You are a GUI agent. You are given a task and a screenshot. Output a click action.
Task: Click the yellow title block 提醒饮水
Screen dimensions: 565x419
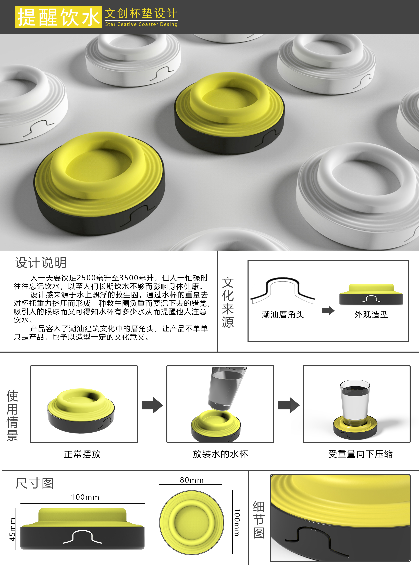(58, 17)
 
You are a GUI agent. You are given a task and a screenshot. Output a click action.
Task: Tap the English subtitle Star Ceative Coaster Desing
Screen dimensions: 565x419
(141, 24)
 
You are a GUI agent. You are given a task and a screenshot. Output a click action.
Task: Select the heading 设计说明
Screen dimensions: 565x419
(41, 263)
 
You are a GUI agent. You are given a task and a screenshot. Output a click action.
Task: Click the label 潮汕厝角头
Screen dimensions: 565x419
(283, 315)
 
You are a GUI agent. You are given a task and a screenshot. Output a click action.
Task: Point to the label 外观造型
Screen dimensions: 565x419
(371, 315)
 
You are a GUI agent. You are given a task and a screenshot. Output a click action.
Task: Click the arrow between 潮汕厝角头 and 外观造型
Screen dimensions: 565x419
(328, 311)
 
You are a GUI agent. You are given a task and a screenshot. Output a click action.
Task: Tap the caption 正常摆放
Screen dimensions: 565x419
(82, 454)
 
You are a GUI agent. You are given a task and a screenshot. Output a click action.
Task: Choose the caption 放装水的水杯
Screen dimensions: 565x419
(220, 454)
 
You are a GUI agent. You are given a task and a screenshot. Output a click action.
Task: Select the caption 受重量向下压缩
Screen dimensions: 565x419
(360, 454)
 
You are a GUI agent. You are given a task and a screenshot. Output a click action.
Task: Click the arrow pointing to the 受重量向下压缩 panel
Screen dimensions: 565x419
(289, 405)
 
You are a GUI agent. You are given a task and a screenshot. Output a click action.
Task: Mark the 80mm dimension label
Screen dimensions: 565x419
(191, 480)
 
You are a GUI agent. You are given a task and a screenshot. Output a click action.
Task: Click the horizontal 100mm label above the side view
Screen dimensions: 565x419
(85, 497)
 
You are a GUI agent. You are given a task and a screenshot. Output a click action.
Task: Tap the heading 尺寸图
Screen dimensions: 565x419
(34, 483)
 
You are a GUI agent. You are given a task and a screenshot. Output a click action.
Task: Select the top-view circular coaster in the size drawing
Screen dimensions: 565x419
(192, 522)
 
